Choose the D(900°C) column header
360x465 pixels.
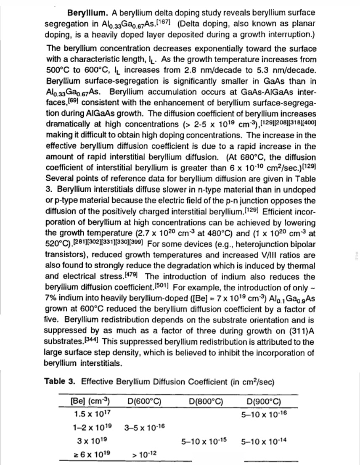[265, 400]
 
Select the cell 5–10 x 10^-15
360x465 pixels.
[204, 441]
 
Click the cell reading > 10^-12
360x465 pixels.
[144, 454]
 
